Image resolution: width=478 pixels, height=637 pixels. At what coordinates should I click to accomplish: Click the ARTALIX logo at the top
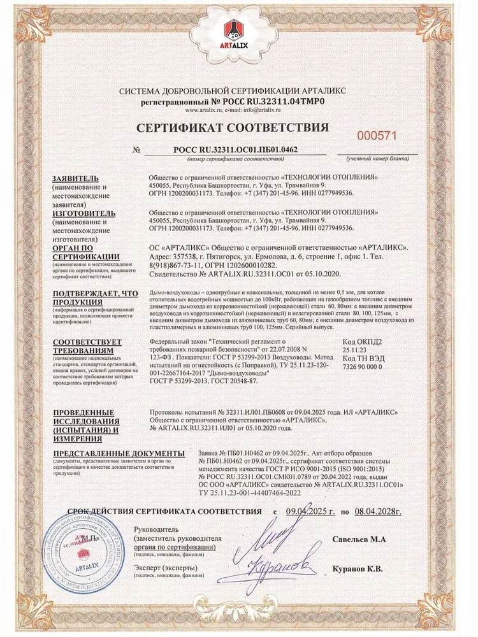pos(238,40)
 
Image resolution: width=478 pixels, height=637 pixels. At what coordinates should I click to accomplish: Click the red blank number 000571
pos(379,136)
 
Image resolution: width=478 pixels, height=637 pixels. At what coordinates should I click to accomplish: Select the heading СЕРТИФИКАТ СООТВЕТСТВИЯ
pos(239,127)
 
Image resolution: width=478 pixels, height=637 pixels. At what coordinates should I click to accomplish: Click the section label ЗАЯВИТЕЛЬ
pos(76,177)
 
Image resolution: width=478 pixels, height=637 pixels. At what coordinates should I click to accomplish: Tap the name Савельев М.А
pos(359,540)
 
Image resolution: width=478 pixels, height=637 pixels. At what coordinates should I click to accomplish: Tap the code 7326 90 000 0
pos(362,368)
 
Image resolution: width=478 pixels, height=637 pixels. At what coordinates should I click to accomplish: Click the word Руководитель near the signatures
pos(159,531)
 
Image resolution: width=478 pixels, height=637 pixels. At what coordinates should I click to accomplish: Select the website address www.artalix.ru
pos(194,110)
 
